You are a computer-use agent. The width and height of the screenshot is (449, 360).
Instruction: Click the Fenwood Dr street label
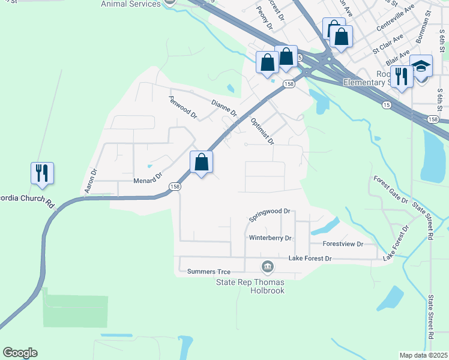(x=182, y=107)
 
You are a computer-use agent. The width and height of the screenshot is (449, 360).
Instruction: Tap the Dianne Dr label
(x=224, y=107)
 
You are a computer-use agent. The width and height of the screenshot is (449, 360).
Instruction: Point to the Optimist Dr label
(x=261, y=131)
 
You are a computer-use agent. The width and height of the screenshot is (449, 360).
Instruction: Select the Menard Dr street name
(x=148, y=178)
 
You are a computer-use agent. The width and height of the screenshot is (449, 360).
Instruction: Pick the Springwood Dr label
(x=270, y=211)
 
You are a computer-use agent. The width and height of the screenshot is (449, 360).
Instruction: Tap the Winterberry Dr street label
(x=270, y=238)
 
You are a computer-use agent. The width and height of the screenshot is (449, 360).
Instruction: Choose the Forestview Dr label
(x=343, y=244)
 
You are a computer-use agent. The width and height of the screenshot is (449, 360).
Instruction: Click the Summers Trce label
(x=209, y=272)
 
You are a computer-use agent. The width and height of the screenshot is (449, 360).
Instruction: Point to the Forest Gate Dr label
(x=390, y=190)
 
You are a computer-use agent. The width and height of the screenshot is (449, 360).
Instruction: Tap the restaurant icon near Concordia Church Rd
(x=42, y=172)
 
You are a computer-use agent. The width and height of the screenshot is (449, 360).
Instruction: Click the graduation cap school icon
(x=421, y=66)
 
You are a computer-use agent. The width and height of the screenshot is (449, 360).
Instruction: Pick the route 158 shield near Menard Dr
(x=175, y=187)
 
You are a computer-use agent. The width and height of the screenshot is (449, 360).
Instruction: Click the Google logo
(x=20, y=353)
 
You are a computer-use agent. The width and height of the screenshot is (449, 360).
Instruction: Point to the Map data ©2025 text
(x=423, y=355)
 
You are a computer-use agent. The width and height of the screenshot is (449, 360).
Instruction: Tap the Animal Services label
(x=131, y=4)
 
